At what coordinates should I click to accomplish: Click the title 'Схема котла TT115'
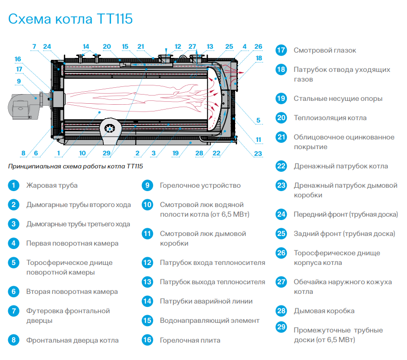pyautogui.click(x=70, y=19)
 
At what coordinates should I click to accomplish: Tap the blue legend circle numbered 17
pyautogui.click(x=281, y=50)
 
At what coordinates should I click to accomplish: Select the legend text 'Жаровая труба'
pyautogui.click(x=52, y=185)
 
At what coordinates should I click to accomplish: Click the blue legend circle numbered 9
pyautogui.click(x=147, y=185)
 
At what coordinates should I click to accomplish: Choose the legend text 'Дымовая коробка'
pyautogui.click(x=324, y=311)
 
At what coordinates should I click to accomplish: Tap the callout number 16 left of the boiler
pyautogui.click(x=18, y=59)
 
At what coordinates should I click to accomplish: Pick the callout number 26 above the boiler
pyautogui.click(x=258, y=47)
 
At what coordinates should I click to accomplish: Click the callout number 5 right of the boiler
pyautogui.click(x=258, y=120)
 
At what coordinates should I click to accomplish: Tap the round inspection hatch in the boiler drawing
pyautogui.click(x=111, y=128)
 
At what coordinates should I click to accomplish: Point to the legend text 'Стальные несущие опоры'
pyautogui.click(x=338, y=98)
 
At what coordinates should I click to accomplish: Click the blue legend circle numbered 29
pyautogui.click(x=281, y=328)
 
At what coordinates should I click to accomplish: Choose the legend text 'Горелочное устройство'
pyautogui.click(x=200, y=185)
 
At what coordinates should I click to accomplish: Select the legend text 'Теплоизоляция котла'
pyautogui.click(x=330, y=118)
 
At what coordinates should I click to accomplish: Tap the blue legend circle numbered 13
pyautogui.click(x=147, y=282)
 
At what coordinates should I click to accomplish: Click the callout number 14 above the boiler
pyautogui.click(x=86, y=47)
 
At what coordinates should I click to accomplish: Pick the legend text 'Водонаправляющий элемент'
pyautogui.click(x=210, y=320)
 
